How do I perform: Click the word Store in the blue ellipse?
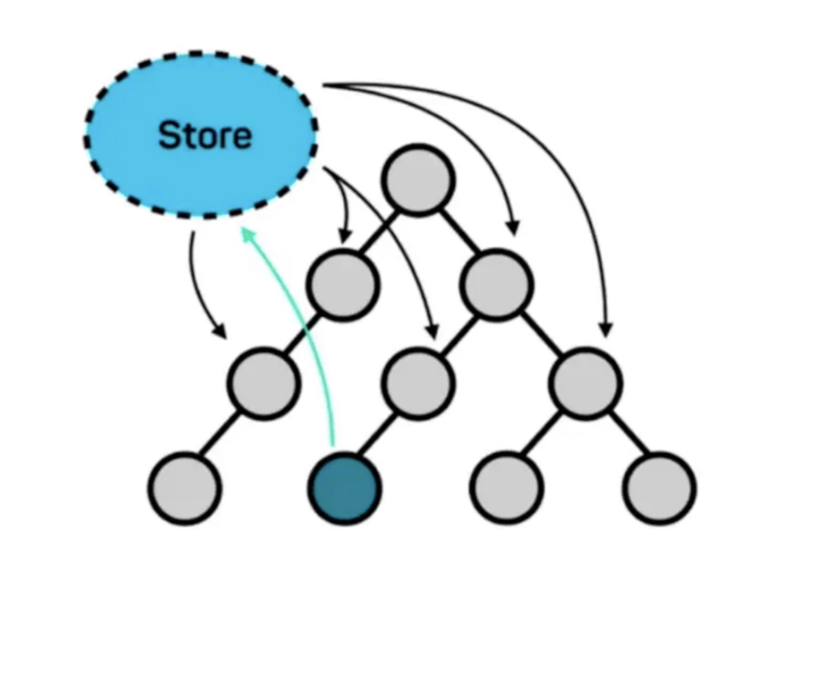pos(205,136)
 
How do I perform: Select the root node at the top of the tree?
pos(418,179)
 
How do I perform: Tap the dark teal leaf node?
pos(344,487)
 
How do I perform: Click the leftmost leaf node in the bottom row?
pos(185,487)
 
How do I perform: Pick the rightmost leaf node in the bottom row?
pos(659,487)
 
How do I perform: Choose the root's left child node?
pos(343,283)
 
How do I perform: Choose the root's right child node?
pos(496,283)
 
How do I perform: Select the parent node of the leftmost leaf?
pos(264,383)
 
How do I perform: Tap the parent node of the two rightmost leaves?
pos(585,383)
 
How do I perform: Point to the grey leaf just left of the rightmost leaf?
pos(506,487)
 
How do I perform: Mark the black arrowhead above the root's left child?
pos(345,237)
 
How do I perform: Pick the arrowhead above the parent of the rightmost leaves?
pos(605,329)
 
